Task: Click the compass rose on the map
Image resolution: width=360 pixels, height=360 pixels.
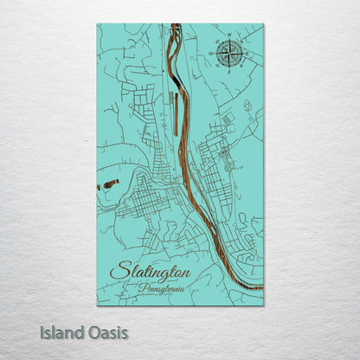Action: [228, 54]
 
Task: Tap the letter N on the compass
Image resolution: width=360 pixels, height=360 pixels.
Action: [228, 38]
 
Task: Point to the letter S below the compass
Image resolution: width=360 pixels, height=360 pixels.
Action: [228, 72]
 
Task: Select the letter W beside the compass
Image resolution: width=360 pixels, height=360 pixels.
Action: [211, 55]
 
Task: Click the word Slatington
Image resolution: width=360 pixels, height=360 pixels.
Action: [152, 272]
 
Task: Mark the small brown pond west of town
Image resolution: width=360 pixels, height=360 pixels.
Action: [109, 183]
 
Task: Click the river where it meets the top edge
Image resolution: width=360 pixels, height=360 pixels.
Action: [176, 26]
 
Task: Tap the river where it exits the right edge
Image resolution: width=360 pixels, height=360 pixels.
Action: [260, 286]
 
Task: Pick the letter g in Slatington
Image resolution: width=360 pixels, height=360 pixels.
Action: [168, 275]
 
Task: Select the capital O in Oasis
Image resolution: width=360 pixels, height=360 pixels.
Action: [91, 332]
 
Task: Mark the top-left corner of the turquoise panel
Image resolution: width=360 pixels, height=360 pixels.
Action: [97, 24]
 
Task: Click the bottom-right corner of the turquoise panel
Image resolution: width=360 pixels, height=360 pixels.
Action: [263, 305]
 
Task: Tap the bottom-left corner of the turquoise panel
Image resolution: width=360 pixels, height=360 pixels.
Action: [97, 305]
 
